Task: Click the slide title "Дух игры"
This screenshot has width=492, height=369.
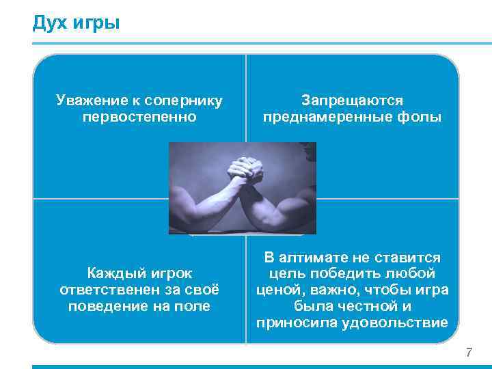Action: click(76, 24)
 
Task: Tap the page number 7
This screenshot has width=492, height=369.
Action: click(469, 353)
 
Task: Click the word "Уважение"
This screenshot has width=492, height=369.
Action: click(86, 101)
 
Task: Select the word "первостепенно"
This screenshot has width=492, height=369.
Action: click(139, 118)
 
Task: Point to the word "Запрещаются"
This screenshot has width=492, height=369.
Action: click(353, 101)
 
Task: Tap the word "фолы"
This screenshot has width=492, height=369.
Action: click(422, 118)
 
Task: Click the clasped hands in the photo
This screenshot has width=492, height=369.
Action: click(245, 167)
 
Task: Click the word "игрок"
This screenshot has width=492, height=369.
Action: click(170, 274)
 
